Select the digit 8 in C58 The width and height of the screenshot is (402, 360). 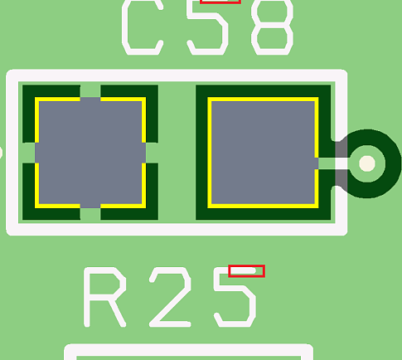tap(272, 27)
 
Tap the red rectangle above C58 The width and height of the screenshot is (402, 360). tap(220, 2)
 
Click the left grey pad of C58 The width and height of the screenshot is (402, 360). tap(90, 153)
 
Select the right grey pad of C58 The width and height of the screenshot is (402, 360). tap(263, 153)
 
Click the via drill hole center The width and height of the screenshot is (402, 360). tap(367, 163)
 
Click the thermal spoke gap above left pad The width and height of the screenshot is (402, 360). tap(90, 91)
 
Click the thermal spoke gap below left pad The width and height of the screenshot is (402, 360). tap(90, 214)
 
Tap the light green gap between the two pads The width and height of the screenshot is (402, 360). tap(177, 153)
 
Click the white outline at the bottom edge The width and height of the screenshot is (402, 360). tap(177, 230)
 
